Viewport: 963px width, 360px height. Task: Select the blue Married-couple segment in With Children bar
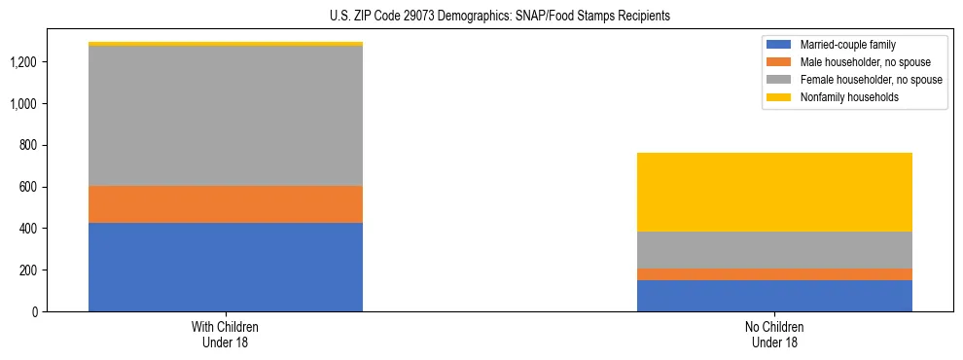[226, 267]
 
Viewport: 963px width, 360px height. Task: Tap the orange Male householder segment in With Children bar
[226, 204]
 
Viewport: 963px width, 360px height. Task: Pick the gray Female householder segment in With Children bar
[226, 116]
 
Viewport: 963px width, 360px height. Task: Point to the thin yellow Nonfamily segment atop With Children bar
[226, 44]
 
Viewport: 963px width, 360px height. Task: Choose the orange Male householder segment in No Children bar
[774, 274]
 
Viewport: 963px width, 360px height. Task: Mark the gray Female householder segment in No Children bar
[774, 250]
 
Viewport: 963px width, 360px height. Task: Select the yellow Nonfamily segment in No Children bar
[774, 192]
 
